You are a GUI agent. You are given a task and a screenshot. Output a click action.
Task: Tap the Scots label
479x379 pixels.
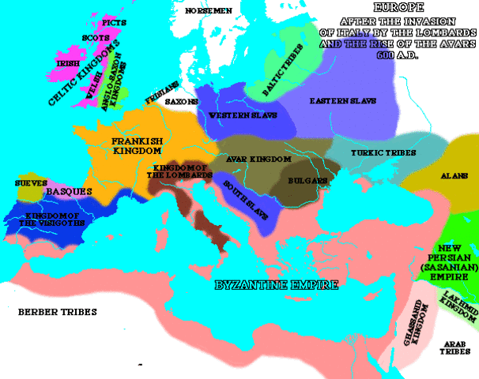[95, 37]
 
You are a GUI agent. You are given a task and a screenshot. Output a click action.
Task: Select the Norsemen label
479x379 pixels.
[208, 11]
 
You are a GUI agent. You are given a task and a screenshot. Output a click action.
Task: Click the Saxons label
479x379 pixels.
[181, 102]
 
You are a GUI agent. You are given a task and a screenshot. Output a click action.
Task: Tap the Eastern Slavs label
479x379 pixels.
[343, 102]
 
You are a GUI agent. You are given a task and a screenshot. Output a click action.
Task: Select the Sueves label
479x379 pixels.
[21, 183]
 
